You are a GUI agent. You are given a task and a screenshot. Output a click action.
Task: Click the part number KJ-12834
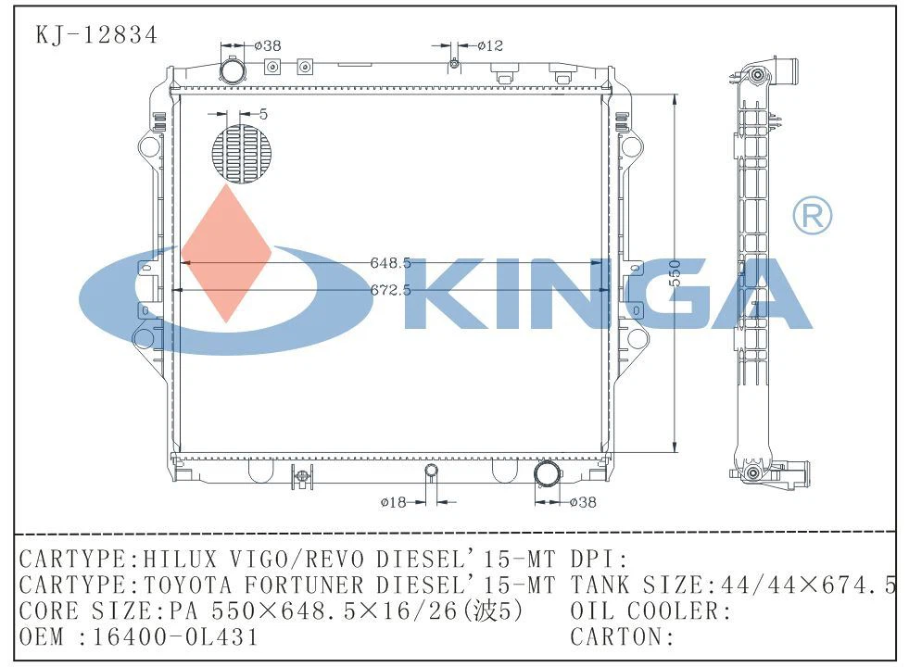pos(96,35)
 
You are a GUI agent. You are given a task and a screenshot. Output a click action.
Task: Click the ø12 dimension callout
pos(489,44)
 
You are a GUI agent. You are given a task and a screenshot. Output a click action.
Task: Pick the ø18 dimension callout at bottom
pos(394,502)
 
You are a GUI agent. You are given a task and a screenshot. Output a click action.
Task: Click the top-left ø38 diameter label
pos(268,44)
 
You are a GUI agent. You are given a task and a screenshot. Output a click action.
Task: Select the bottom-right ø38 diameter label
pos(582,502)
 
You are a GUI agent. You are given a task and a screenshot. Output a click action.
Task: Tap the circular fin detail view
pos(244,154)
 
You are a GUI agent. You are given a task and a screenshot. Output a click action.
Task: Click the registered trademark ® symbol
pos(812,216)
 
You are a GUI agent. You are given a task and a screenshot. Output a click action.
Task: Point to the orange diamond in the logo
pos(225,253)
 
